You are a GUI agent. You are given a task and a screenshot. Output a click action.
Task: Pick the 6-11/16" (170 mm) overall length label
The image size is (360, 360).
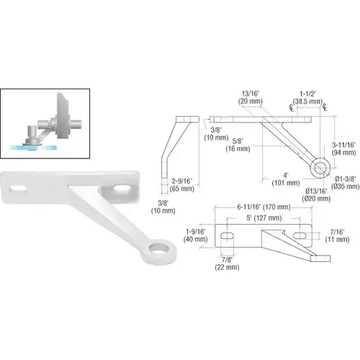[264, 207]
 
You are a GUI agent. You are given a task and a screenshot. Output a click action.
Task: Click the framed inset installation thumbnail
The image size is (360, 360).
[45, 125]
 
